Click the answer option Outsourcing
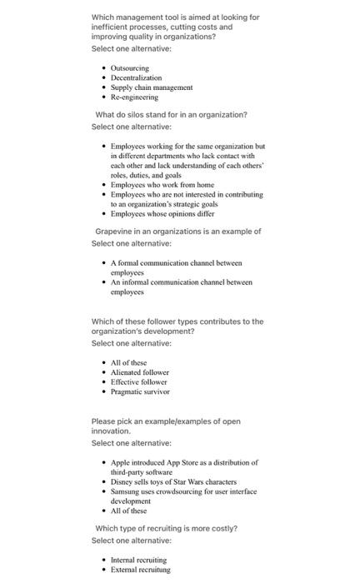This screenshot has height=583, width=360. coord(129,67)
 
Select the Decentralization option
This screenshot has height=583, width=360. coord(136,77)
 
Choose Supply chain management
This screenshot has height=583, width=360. coord(151,87)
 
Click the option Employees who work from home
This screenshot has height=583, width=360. coord(162,184)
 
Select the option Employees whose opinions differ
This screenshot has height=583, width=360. coord(162,213)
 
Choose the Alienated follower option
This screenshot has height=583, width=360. coord(139,371)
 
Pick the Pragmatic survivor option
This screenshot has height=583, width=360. coord(140,391)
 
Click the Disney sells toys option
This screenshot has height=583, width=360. coord(173,481)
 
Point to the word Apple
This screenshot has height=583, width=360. coord(122,462)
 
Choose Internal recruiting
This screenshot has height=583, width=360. coord(138,560)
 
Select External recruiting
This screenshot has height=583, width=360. coord(140,570)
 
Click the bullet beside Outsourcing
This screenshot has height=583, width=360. coord(103,67)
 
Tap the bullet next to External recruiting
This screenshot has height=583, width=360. coord(103,570)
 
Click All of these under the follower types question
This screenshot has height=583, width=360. coord(128,362)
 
